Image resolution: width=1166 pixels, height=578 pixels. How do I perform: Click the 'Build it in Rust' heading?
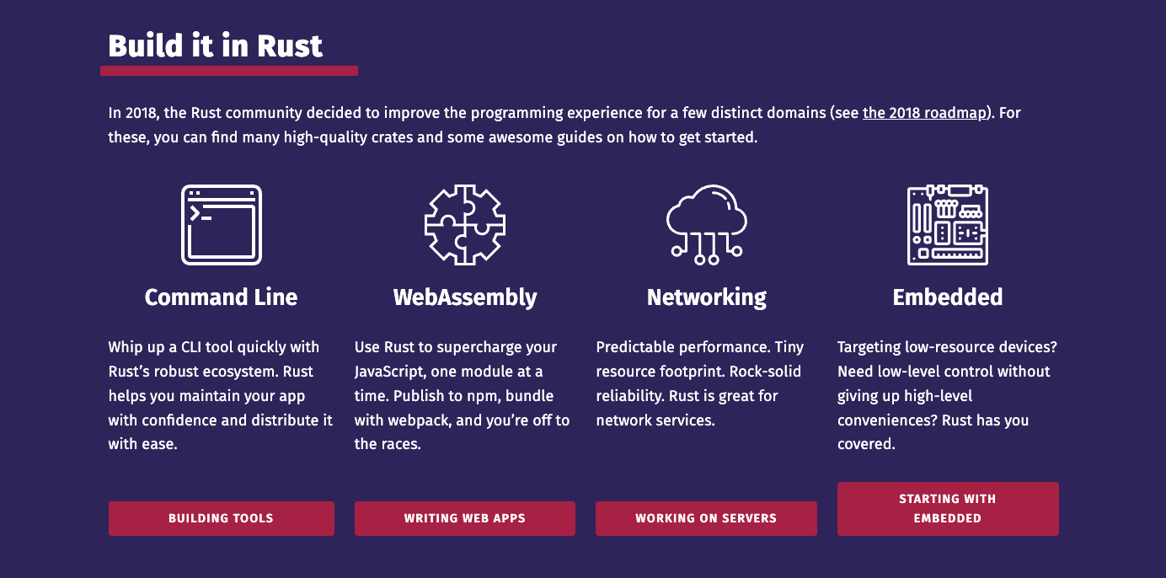click(x=215, y=45)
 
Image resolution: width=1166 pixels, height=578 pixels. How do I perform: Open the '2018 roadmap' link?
click(x=924, y=113)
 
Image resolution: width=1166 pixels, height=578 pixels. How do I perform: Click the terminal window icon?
click(x=222, y=225)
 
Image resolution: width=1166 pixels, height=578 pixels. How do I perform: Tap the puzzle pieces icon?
click(x=465, y=225)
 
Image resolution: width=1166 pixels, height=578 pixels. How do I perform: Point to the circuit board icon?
click(x=947, y=225)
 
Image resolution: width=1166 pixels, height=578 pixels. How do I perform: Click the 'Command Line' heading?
click(x=222, y=297)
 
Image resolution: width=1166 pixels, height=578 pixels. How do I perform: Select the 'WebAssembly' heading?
click(x=465, y=298)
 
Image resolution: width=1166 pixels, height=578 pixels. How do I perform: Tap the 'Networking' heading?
click(x=706, y=298)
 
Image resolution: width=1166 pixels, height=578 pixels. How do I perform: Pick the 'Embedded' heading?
click(x=947, y=297)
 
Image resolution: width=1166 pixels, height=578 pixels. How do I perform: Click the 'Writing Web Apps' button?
click(x=465, y=518)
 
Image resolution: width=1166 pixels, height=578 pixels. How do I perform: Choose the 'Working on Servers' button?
click(x=706, y=518)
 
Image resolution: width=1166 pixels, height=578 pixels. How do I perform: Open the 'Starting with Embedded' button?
click(x=948, y=509)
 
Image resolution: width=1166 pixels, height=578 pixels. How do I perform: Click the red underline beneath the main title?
click(x=229, y=71)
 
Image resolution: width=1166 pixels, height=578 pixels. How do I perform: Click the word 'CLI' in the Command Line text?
click(x=191, y=347)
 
